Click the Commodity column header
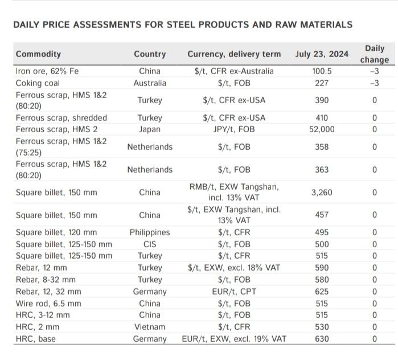pyautogui.click(x=38, y=54)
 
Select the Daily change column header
pyautogui.click(x=375, y=54)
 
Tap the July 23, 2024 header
pyautogui.click(x=322, y=54)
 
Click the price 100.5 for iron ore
pyautogui.click(x=322, y=71)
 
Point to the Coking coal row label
pyautogui.click(x=38, y=83)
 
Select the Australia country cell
pyautogui.click(x=150, y=83)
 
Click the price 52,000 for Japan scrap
pyautogui.click(x=322, y=129)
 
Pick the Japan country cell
pyautogui.click(x=150, y=129)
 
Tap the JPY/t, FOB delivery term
pyautogui.click(x=234, y=129)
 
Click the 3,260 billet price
pyautogui.click(x=322, y=193)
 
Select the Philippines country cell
pyautogui.click(x=150, y=232)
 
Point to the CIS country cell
pyautogui.click(x=150, y=244)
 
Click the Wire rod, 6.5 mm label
pyautogui.click(x=48, y=304)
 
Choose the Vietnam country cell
pyautogui.click(x=150, y=327)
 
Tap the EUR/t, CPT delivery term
pyautogui.click(x=234, y=292)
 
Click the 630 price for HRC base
pyautogui.click(x=322, y=339)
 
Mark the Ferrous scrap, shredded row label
pyautogui.click(x=61, y=118)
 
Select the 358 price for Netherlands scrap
pyautogui.click(x=322, y=147)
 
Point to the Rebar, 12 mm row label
pyautogui.click(x=42, y=268)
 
